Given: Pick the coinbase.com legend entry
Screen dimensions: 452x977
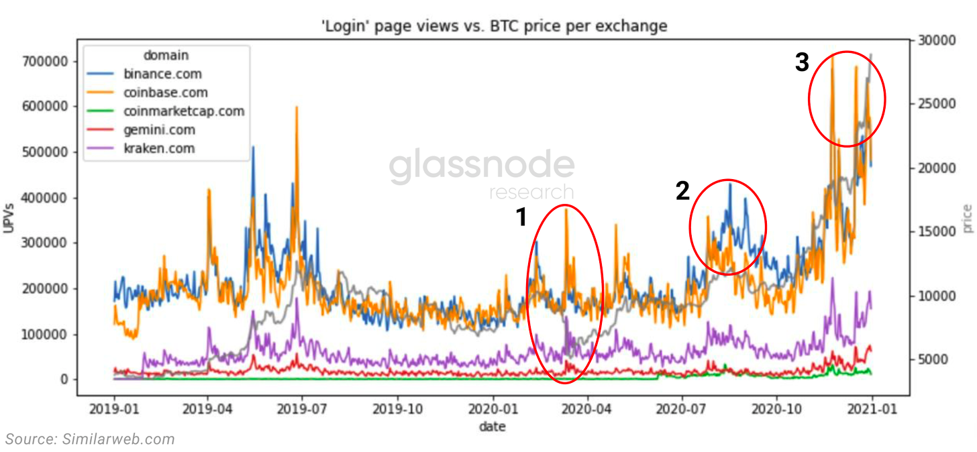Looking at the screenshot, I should click(165, 93).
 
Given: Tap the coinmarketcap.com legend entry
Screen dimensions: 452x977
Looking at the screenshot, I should click(184, 111).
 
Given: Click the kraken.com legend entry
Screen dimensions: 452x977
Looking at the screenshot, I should click(159, 149).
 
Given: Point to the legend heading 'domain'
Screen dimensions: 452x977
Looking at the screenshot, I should click(166, 55).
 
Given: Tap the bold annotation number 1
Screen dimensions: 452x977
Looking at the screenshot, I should click(521, 218).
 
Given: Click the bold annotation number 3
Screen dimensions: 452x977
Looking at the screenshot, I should click(802, 62).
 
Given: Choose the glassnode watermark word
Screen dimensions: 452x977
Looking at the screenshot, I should click(482, 167).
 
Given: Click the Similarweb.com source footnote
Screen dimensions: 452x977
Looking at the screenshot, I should click(90, 439).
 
